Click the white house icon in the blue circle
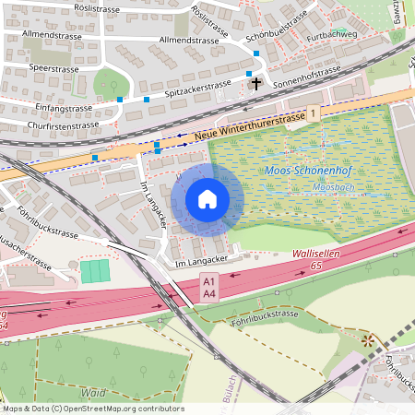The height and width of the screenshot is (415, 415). click(207, 199)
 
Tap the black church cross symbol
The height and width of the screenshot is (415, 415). click(255, 83)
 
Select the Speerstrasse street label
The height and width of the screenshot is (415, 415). click(54, 68)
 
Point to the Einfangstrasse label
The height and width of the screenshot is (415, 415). click(56, 108)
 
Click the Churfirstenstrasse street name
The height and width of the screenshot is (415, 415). click(62, 125)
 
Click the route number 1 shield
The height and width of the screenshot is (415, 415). click(314, 113)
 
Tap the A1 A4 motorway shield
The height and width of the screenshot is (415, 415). click(209, 287)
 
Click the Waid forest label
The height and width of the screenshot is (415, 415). click(91, 391)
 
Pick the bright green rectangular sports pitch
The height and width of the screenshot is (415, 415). click(93, 271)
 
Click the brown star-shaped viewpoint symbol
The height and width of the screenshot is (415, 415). click(369, 340)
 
